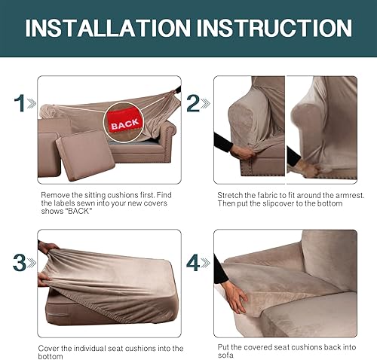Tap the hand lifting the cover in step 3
[x=47, y=249]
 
